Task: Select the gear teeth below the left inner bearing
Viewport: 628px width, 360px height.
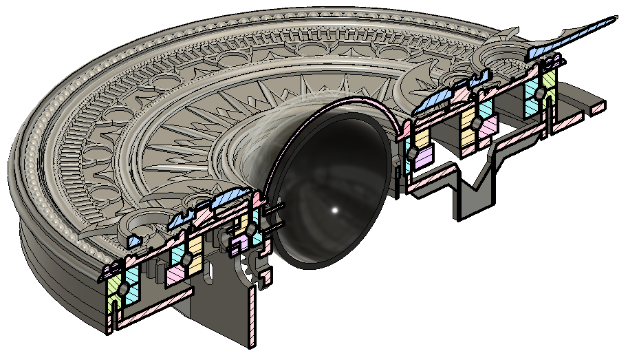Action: [247, 265]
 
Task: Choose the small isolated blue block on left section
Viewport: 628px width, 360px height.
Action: [135, 242]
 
